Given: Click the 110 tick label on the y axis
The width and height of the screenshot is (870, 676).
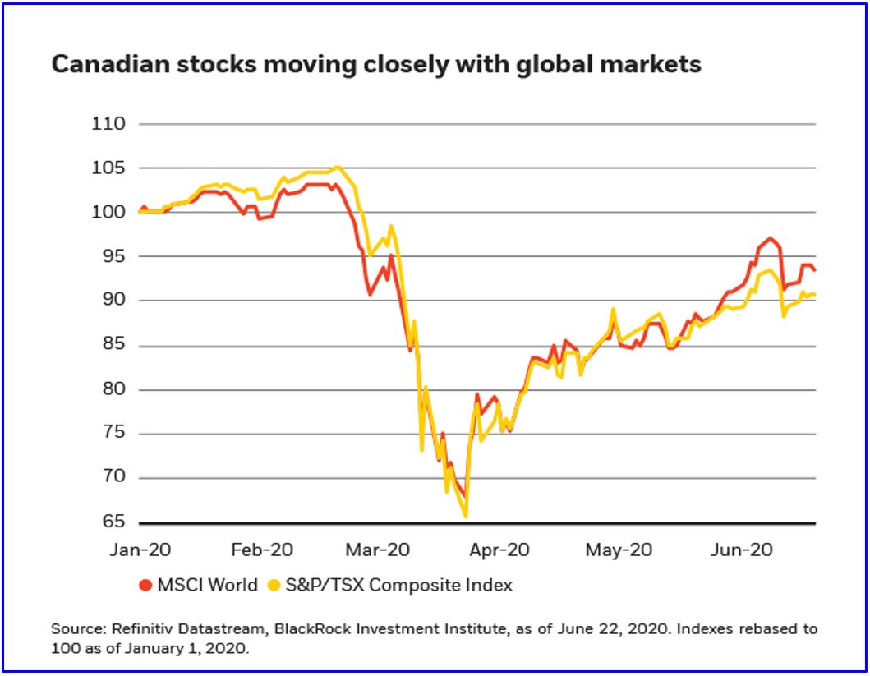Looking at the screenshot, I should tap(109, 125).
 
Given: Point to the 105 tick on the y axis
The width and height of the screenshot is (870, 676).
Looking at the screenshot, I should tap(109, 168).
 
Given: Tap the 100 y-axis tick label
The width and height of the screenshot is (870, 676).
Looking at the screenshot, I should tap(109, 213).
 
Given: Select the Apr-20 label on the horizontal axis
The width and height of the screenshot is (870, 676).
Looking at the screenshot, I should tap(498, 550).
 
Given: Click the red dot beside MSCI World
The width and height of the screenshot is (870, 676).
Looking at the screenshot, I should tap(145, 586).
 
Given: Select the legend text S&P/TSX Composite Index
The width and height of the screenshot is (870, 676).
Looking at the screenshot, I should tap(398, 586).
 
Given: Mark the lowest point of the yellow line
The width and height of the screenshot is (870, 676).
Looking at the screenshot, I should tap(466, 516).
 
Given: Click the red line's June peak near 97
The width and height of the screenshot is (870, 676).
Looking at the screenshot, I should tap(770, 238).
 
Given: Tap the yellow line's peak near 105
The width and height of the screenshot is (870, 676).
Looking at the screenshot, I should tap(337, 168).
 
